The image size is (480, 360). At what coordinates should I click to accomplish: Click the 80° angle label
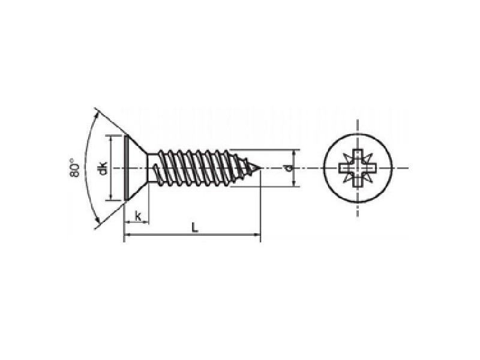(x=74, y=168)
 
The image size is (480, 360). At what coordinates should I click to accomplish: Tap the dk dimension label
(x=103, y=168)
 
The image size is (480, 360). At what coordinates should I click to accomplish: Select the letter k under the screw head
(x=138, y=216)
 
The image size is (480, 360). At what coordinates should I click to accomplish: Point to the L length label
(x=194, y=227)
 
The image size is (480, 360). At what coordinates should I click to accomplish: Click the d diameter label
(x=287, y=168)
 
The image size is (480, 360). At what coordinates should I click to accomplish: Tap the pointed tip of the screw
(x=260, y=168)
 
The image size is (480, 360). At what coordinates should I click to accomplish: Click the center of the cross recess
(x=358, y=168)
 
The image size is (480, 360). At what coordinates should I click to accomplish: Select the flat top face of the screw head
(x=126, y=168)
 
